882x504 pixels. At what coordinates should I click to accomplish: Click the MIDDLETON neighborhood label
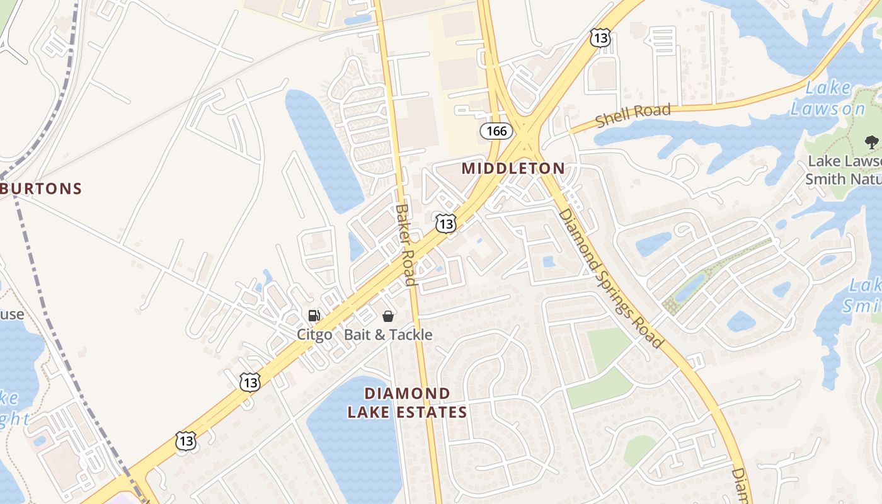tap(513, 168)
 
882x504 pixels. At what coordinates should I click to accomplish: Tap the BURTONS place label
tap(42, 188)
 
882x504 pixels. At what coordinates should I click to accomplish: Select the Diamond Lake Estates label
tap(408, 403)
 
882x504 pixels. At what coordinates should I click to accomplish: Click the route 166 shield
tap(496, 131)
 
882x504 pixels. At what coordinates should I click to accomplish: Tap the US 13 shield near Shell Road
tap(599, 37)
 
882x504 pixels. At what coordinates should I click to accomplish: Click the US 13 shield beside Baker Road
tap(445, 223)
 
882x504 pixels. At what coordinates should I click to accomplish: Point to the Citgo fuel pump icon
tap(314, 316)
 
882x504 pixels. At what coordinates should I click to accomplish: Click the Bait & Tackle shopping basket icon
tap(388, 316)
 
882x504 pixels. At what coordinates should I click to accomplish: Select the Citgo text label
tap(314, 335)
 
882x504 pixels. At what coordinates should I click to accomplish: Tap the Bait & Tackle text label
tap(388, 335)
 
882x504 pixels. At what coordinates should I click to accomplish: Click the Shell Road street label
tap(633, 116)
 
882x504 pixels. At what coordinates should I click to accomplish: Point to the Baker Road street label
tap(406, 244)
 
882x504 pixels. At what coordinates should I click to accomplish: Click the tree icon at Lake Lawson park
tap(871, 142)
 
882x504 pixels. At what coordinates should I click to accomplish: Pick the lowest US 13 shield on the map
tap(186, 440)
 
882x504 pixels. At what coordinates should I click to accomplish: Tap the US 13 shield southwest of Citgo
tap(250, 382)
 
